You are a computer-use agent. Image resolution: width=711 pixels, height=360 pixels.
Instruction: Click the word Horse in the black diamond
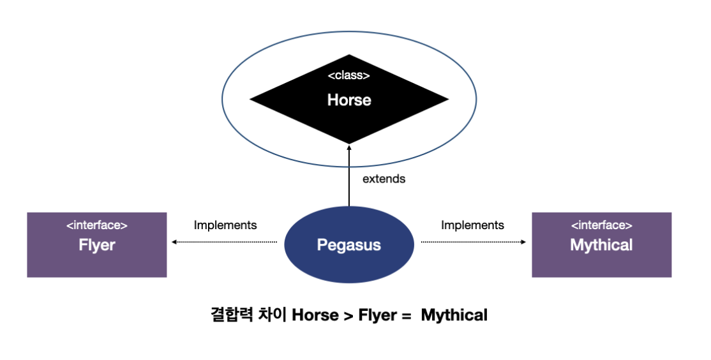pyautogui.click(x=349, y=100)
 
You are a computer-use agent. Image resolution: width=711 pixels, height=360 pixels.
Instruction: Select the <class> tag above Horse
pyautogui.click(x=349, y=76)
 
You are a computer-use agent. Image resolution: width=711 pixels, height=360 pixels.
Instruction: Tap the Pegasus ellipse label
pyautogui.click(x=349, y=245)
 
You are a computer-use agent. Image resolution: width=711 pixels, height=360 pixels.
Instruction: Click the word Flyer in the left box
pyautogui.click(x=97, y=245)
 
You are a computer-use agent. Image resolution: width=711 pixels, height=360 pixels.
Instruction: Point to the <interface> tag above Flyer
pyautogui.click(x=97, y=225)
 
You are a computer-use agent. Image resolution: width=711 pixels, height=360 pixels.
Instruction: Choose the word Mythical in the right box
pyautogui.click(x=601, y=245)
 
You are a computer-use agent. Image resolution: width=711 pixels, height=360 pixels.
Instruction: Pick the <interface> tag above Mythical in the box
pyautogui.click(x=601, y=225)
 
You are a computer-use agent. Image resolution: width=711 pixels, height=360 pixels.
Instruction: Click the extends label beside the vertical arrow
pyautogui.click(x=384, y=179)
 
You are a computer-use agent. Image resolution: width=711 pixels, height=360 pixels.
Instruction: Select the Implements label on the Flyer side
pyautogui.click(x=225, y=225)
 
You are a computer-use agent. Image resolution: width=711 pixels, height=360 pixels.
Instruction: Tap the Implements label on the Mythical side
pyautogui.click(x=472, y=225)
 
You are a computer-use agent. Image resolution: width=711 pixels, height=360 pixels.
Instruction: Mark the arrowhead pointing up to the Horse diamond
pyautogui.click(x=349, y=147)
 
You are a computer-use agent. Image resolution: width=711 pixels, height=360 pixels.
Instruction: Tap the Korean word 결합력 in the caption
pyautogui.click(x=232, y=315)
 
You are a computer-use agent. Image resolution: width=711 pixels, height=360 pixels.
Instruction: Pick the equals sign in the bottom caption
pyautogui.click(x=406, y=315)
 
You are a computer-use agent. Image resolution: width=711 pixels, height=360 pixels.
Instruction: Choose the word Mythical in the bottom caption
pyautogui.click(x=454, y=315)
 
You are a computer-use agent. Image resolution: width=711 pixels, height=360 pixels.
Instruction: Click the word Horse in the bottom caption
pyautogui.click(x=315, y=315)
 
